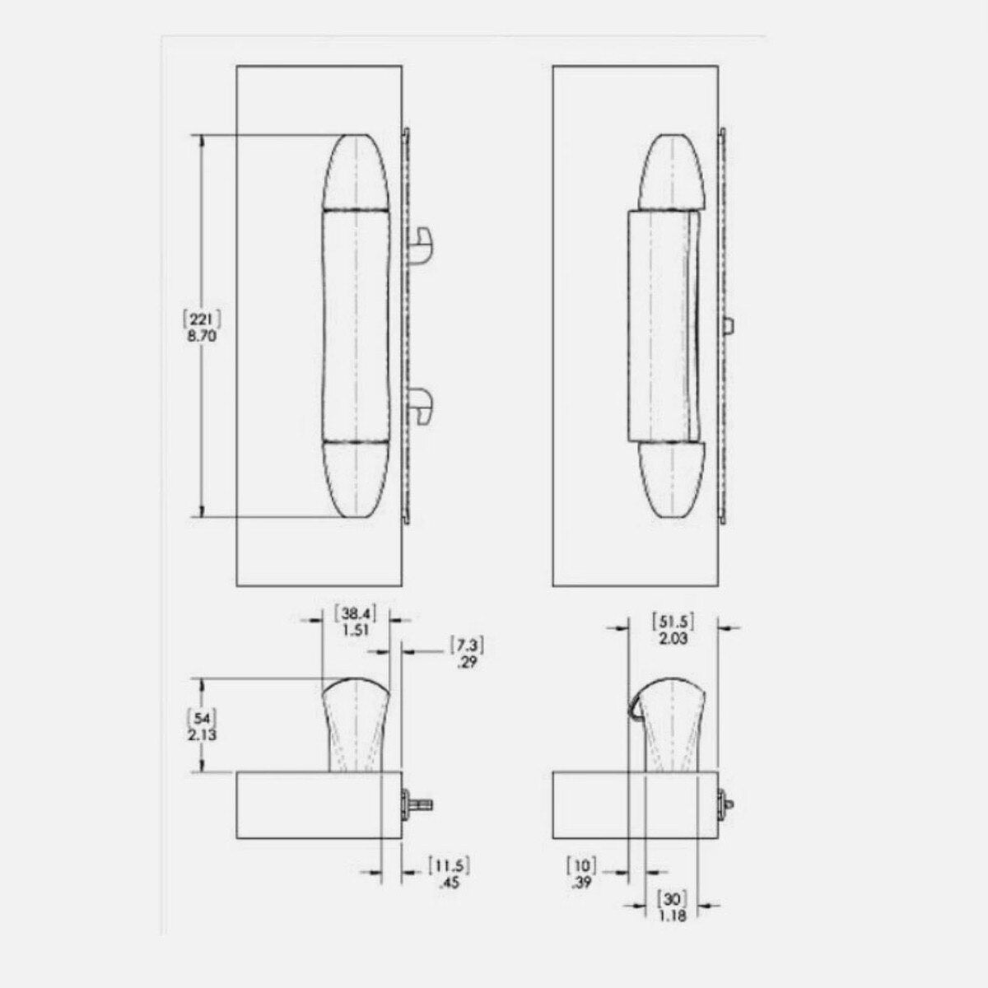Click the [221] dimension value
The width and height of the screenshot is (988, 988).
202,319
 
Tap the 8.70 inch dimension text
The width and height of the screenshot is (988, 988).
202,337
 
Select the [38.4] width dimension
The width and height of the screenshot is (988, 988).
356,613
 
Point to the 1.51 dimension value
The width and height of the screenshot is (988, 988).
356,630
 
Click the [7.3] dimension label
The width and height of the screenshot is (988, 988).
467,645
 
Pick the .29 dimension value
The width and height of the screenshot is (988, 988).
467,663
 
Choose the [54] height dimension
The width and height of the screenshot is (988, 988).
203,717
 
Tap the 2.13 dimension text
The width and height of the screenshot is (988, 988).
203,734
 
